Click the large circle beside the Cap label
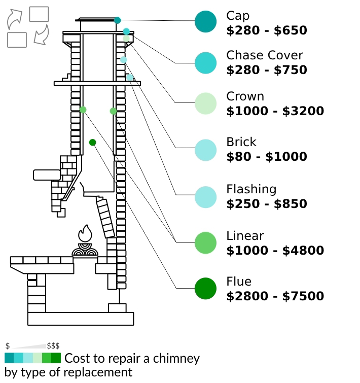coord(205,22)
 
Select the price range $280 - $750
coord(267,70)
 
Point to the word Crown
coord(245,96)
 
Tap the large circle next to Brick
coord(205,150)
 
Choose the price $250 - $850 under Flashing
coord(267,204)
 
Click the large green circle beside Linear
coord(205,242)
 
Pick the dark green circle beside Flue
coord(205,289)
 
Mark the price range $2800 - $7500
coord(275,296)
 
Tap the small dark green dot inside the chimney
coord(93,143)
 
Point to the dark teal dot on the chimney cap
coord(118,20)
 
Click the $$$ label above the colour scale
coord(53,346)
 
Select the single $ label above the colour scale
coord(8,346)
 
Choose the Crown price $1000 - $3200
coord(275,111)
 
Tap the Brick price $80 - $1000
coord(267,157)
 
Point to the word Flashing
coord(251,190)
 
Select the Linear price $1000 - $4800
coord(275,251)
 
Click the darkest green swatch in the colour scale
coord(56,358)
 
